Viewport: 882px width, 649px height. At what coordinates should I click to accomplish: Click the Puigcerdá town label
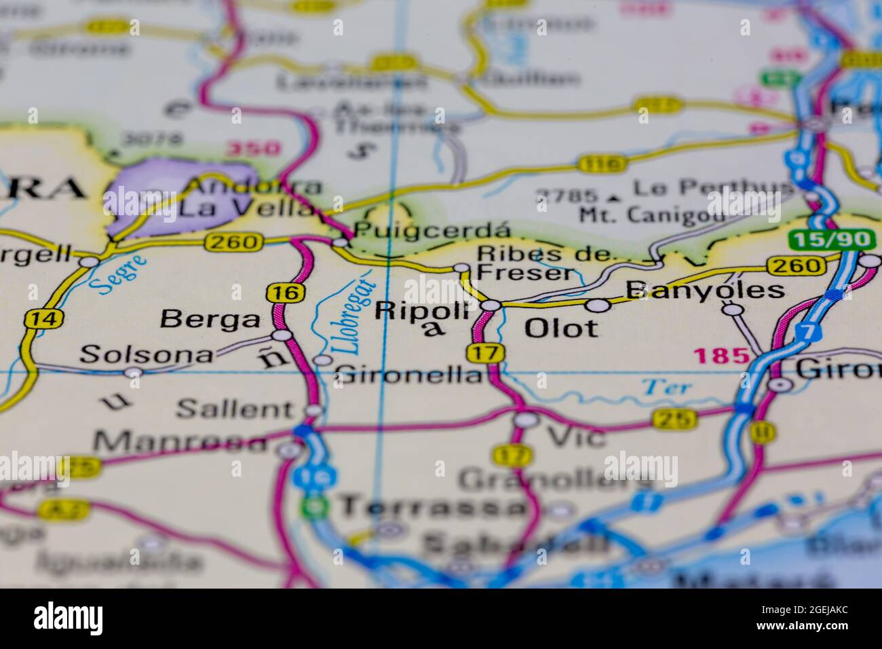coord(421,230)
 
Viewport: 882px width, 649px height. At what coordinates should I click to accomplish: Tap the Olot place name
coord(561,329)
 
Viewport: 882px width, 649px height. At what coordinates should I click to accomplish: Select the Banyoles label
coord(704,291)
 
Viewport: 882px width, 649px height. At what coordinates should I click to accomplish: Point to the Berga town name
coord(212,319)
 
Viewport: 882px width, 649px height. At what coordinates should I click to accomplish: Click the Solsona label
coord(146,354)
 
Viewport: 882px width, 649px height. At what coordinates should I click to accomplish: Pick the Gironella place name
coord(408,374)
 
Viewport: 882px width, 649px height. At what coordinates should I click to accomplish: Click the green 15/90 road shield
coord(832,240)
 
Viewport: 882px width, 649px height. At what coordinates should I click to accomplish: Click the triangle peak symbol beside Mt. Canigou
coord(615,198)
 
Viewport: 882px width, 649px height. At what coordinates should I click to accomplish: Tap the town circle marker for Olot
coord(597,306)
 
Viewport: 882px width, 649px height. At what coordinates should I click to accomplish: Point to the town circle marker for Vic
coord(526,420)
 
